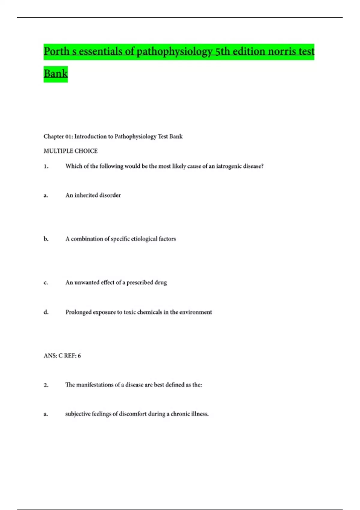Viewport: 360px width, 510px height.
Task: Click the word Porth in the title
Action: click(x=56, y=52)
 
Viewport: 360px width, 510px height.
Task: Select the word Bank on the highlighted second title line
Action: click(x=55, y=73)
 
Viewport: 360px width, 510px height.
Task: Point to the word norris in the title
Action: click(x=281, y=52)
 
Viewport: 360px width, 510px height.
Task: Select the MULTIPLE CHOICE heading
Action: click(x=70, y=151)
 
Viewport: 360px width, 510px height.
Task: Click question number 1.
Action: click(x=46, y=166)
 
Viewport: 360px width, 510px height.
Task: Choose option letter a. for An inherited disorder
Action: click(x=46, y=195)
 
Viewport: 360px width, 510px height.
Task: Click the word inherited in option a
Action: click(x=87, y=195)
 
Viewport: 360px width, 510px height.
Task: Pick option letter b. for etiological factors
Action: click(x=46, y=239)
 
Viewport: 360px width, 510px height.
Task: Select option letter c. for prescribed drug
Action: click(x=46, y=283)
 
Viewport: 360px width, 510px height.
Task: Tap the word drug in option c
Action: click(x=161, y=283)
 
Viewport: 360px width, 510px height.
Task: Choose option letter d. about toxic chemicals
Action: click(x=46, y=312)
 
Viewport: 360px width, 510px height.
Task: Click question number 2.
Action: click(x=46, y=385)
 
